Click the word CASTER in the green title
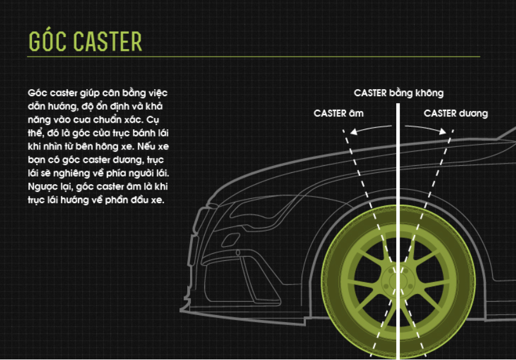(107, 42)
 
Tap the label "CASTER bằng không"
(399, 93)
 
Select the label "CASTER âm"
(338, 113)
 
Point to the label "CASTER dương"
(456, 113)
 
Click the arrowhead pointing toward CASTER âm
(354, 132)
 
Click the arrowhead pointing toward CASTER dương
(443, 131)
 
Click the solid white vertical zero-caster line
(398, 231)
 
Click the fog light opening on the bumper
(230, 240)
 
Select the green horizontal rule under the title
(253, 57)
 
